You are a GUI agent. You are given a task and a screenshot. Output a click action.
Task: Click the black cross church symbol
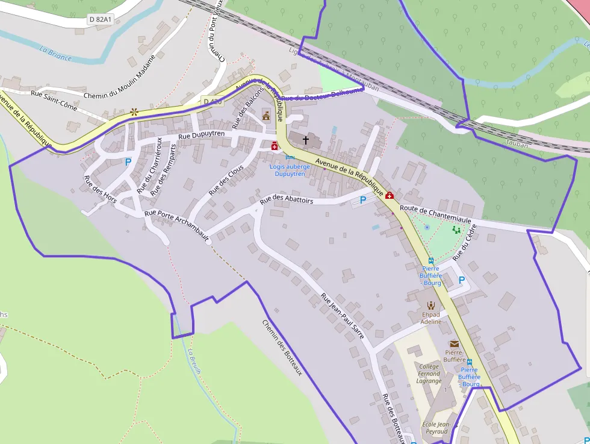pyautogui.click(x=305, y=140)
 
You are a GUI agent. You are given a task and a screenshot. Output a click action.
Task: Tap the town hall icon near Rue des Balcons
pyautogui.click(x=266, y=114)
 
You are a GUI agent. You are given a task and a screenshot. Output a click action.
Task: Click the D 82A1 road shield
pyautogui.click(x=100, y=19)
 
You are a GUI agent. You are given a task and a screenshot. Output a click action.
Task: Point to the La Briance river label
pyautogui.click(x=55, y=54)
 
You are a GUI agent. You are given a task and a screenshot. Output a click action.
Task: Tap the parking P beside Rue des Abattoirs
pyautogui.click(x=363, y=199)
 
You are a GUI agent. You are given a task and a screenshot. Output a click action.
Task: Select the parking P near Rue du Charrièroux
pyautogui.click(x=128, y=161)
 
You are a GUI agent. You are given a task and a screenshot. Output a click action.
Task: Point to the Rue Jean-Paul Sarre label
pyautogui.click(x=343, y=316)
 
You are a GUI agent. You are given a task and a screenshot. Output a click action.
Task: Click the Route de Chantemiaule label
pyautogui.click(x=435, y=215)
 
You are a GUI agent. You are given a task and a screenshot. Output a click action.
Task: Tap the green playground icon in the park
pyautogui.click(x=456, y=230)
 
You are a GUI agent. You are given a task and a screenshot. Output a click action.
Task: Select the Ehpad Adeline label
pyautogui.click(x=431, y=318)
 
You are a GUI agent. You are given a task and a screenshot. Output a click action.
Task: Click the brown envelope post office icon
pyautogui.click(x=453, y=343)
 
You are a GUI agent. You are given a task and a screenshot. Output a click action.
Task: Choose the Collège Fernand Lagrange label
pyautogui.click(x=429, y=374)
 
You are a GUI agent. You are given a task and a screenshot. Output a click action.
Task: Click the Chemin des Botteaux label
pyautogui.click(x=281, y=348)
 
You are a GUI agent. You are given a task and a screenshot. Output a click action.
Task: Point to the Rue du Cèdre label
pyautogui.click(x=465, y=242)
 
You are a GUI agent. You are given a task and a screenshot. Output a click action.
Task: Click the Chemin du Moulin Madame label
pyautogui.click(x=119, y=78)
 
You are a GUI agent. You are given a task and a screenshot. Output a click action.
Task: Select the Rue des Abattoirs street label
pyautogui.click(x=286, y=199)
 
